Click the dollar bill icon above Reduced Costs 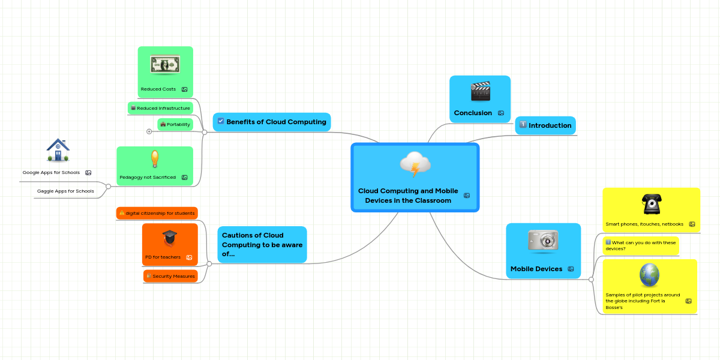165,65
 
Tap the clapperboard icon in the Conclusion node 481,92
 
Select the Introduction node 545,125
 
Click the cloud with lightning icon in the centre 415,164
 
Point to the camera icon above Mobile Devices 543,240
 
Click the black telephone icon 651,204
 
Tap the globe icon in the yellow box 650,275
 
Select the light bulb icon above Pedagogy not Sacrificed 155,160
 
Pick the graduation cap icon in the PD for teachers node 170,238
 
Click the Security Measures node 171,276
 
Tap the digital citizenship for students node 157,213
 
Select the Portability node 175,124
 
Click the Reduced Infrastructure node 160,108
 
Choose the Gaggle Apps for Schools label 65,191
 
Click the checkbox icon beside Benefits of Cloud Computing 221,121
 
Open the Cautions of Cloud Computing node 262,244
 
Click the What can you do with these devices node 640,245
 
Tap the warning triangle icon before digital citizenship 122,213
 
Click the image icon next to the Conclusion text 501,113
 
